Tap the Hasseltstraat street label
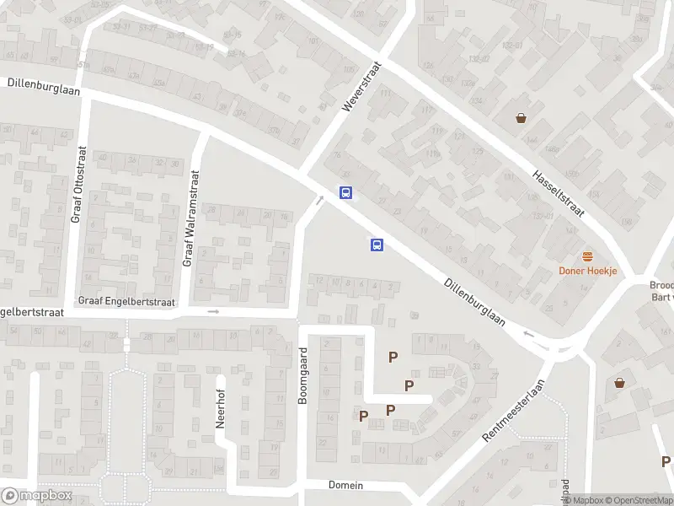(x=559, y=192)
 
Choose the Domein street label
(x=345, y=485)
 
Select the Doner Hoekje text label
(x=588, y=271)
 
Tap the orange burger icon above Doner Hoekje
(x=588, y=256)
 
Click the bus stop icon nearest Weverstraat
(x=345, y=192)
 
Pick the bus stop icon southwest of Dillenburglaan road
(x=377, y=245)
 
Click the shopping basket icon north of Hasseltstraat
(x=522, y=118)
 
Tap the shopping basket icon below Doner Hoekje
(x=620, y=382)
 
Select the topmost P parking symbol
(x=393, y=357)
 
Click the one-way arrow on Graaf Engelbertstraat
(x=213, y=311)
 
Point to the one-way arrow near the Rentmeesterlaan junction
(x=529, y=333)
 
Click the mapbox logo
(x=36, y=496)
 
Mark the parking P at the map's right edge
(x=666, y=461)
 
